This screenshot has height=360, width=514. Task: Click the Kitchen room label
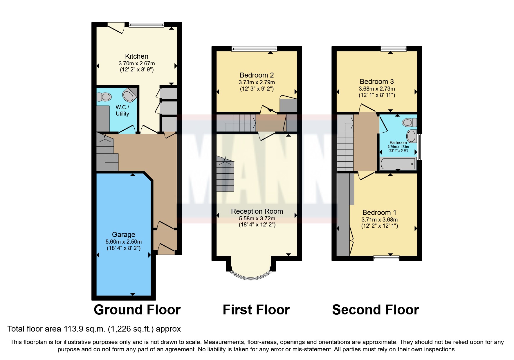pyautogui.click(x=136, y=56)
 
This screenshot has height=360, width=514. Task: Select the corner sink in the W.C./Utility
pyautogui.click(x=129, y=95)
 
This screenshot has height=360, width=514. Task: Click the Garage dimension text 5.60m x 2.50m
pyautogui.click(x=124, y=242)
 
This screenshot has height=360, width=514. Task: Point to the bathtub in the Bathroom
pyautogui.click(x=398, y=164)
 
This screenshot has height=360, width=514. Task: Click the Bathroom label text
pyautogui.click(x=398, y=143)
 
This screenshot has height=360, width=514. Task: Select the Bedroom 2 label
pyautogui.click(x=257, y=75)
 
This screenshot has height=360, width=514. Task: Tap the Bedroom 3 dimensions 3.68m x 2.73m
pyautogui.click(x=377, y=89)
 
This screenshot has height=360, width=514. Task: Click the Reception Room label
pyautogui.click(x=257, y=211)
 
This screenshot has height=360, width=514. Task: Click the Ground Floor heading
pyautogui.click(x=137, y=310)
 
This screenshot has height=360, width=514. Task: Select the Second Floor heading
pyautogui.click(x=375, y=310)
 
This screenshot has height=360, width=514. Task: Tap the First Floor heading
pyautogui.click(x=256, y=310)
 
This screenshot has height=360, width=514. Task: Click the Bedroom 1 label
pyautogui.click(x=379, y=213)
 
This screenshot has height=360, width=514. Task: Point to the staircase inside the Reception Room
pyautogui.click(x=225, y=174)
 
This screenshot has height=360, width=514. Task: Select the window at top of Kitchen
pyautogui.click(x=146, y=25)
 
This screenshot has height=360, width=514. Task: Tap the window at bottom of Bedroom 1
pyautogui.click(x=386, y=258)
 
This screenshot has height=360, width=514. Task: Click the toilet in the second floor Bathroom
pyautogui.click(x=409, y=122)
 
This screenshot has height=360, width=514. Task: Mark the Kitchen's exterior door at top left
pyautogui.click(x=116, y=28)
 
